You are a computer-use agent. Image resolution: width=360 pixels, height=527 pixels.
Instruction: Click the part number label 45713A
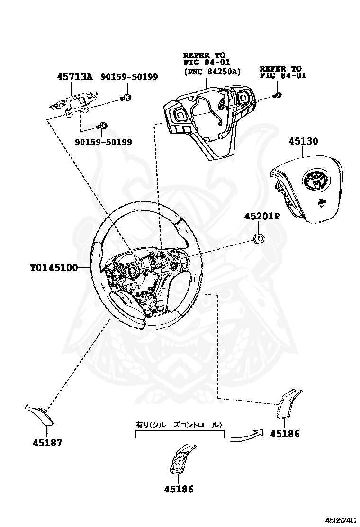click(x=75, y=77)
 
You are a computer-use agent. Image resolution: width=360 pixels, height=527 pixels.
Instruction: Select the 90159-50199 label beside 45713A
click(x=129, y=77)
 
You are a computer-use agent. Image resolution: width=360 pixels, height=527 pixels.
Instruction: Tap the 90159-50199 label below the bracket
click(x=103, y=142)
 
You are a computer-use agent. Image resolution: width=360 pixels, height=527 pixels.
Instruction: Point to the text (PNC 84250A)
click(x=212, y=72)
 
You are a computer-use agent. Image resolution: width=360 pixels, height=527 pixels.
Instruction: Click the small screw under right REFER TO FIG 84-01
click(x=278, y=95)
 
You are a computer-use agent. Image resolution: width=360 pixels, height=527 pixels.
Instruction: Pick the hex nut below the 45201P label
click(x=259, y=238)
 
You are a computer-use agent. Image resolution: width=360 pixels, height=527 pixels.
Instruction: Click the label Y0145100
click(x=54, y=268)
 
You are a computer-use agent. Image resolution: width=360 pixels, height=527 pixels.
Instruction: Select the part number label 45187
click(x=47, y=443)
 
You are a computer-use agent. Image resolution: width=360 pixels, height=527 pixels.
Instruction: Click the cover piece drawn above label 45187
click(x=40, y=414)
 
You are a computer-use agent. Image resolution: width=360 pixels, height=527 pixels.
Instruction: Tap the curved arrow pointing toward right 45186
click(x=245, y=435)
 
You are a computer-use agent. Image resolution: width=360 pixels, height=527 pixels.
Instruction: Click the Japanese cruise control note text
click(x=179, y=425)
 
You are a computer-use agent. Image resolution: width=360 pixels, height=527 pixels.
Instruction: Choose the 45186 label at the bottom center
click(x=179, y=490)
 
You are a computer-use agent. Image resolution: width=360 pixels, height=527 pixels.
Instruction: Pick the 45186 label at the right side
click(x=285, y=434)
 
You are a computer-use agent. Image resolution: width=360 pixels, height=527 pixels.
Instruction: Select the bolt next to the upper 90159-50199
click(x=126, y=98)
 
